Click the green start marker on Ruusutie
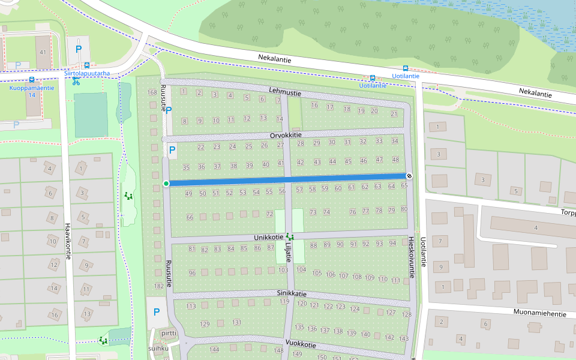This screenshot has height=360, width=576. [166, 183]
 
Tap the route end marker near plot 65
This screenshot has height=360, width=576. [409, 176]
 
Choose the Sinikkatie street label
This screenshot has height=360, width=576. [292, 293]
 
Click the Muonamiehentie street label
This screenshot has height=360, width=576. [540, 313]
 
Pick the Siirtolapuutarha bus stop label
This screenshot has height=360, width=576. [87, 74]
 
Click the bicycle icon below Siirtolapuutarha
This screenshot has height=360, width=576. [76, 82]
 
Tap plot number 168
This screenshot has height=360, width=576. [152, 92]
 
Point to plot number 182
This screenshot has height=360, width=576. [158, 286]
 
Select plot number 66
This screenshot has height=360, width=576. [190, 217]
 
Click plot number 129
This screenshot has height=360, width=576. [205, 324]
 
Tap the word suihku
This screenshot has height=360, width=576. [158, 348]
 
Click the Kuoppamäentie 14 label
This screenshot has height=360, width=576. [32, 91]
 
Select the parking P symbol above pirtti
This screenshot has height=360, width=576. [157, 312]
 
